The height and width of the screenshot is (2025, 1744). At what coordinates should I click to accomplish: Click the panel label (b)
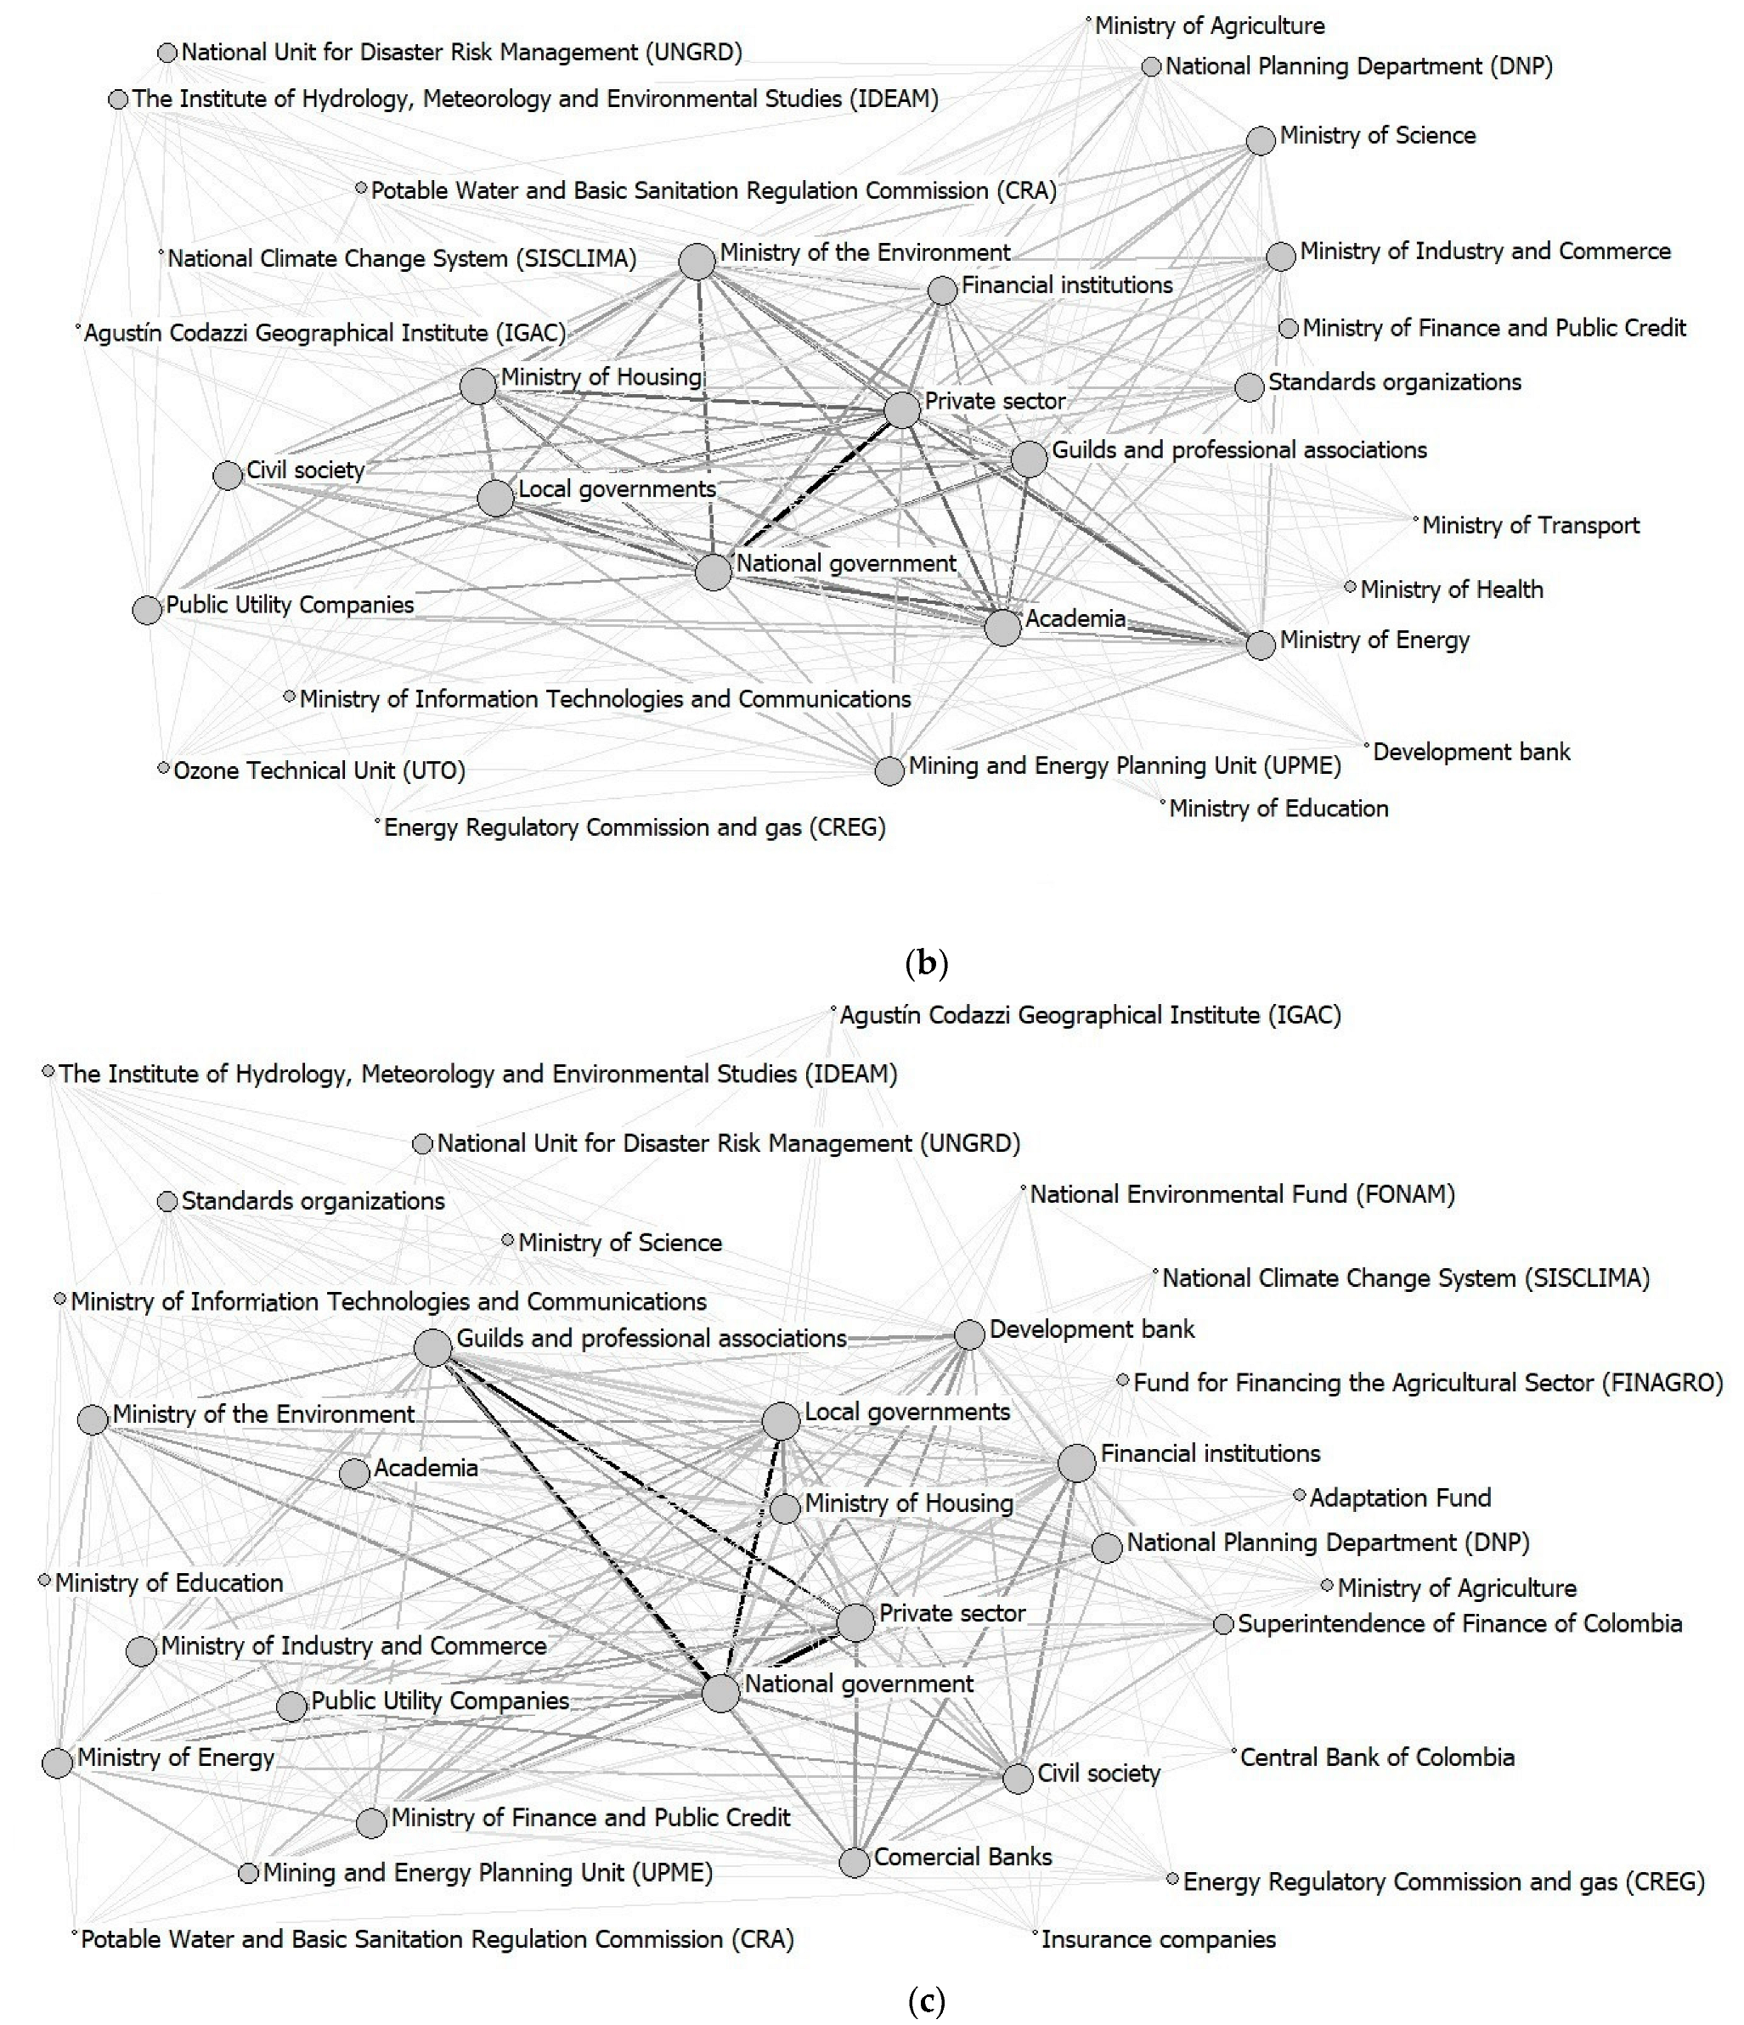point(927,963)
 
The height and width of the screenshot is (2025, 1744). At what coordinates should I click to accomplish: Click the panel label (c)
point(927,2001)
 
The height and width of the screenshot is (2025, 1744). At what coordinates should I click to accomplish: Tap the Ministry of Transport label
point(1530,526)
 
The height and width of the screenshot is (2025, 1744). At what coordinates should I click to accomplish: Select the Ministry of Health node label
point(1452,589)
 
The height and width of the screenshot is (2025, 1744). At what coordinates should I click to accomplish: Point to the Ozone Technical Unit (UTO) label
point(319,771)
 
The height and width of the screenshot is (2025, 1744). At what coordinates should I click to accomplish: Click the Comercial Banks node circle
point(855,1862)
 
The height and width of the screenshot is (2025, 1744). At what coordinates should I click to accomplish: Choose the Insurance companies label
point(1159,1939)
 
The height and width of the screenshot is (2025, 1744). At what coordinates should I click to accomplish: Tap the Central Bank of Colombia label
point(1377,1757)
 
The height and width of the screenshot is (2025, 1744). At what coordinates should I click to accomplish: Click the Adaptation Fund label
point(1400,1498)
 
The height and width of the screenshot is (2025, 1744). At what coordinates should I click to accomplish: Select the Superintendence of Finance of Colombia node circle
point(1223,1624)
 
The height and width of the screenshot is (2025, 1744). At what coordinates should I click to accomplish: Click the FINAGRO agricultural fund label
point(1428,1383)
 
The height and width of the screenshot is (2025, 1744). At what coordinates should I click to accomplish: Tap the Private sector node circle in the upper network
point(902,409)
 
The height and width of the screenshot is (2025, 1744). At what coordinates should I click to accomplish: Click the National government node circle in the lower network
point(721,1694)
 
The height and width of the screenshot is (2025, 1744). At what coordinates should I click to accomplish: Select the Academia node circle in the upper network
point(1003,628)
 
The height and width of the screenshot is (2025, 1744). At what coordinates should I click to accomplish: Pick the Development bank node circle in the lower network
point(968,1335)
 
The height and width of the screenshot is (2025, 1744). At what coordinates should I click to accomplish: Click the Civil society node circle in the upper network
point(228,476)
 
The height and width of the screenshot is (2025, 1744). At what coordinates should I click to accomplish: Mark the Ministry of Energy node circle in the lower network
point(58,1763)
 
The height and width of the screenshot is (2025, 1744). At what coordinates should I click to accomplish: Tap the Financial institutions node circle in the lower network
point(1077,1463)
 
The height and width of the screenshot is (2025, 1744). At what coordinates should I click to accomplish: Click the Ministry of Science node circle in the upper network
point(1261,141)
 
